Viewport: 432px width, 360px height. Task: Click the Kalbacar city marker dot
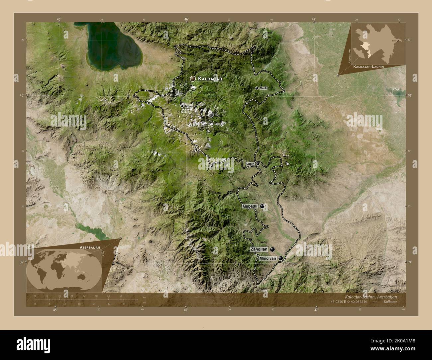(x=192, y=79)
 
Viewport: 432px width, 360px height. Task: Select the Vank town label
(x=264, y=88)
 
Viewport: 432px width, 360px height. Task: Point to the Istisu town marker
(x=182, y=106)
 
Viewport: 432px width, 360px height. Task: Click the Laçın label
(x=250, y=164)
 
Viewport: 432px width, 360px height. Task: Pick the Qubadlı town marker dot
(x=263, y=206)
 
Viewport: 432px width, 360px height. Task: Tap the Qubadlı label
(x=251, y=206)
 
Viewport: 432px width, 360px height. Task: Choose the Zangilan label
(x=259, y=249)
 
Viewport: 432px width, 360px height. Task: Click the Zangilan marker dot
(x=273, y=249)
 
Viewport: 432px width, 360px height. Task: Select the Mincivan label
(x=268, y=258)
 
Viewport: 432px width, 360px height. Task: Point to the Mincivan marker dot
(x=281, y=258)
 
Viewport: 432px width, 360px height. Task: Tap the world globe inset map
(x=64, y=270)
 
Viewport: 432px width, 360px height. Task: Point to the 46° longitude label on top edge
(x=186, y=19)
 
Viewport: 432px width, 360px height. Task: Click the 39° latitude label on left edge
(x=22, y=262)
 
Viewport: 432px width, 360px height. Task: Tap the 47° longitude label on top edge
(x=314, y=19)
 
